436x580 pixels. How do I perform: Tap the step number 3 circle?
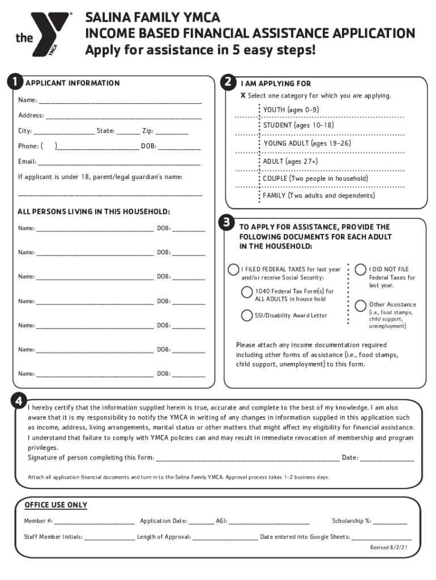(x=226, y=223)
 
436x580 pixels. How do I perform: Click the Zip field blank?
(x=172, y=132)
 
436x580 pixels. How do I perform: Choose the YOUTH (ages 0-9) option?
(x=290, y=109)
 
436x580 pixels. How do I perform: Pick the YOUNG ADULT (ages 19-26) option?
(x=306, y=143)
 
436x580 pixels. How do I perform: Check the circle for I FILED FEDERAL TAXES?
(x=233, y=269)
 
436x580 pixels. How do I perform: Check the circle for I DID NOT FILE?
(x=360, y=269)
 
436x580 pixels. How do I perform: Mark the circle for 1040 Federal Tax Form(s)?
(x=247, y=292)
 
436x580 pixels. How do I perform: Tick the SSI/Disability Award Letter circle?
(x=247, y=315)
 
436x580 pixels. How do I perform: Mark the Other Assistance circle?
(x=360, y=306)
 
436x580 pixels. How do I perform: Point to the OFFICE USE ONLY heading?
(x=55, y=505)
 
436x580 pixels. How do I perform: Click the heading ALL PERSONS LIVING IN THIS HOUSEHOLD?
(x=94, y=212)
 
